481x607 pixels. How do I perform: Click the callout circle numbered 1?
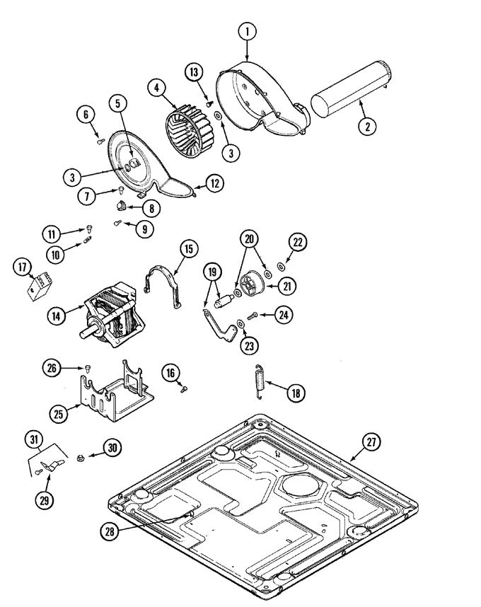(x=248, y=32)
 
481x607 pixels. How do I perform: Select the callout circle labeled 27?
(x=371, y=441)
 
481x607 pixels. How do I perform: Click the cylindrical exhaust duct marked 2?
(x=352, y=88)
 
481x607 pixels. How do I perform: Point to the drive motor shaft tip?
(x=83, y=334)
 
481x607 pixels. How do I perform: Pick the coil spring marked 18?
(x=260, y=382)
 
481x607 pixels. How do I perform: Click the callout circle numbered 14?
(x=57, y=316)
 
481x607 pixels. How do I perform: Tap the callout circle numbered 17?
(x=23, y=267)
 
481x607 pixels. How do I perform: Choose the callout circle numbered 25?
(x=59, y=414)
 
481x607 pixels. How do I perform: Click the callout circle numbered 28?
(x=110, y=531)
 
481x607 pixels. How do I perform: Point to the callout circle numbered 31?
(x=34, y=439)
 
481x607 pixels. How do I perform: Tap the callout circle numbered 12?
(x=215, y=183)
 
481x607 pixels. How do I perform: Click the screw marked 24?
(x=253, y=316)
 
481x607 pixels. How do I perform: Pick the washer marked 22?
(x=281, y=266)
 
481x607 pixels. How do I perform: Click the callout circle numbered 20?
(x=249, y=239)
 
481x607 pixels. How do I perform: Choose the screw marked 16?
(x=184, y=388)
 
